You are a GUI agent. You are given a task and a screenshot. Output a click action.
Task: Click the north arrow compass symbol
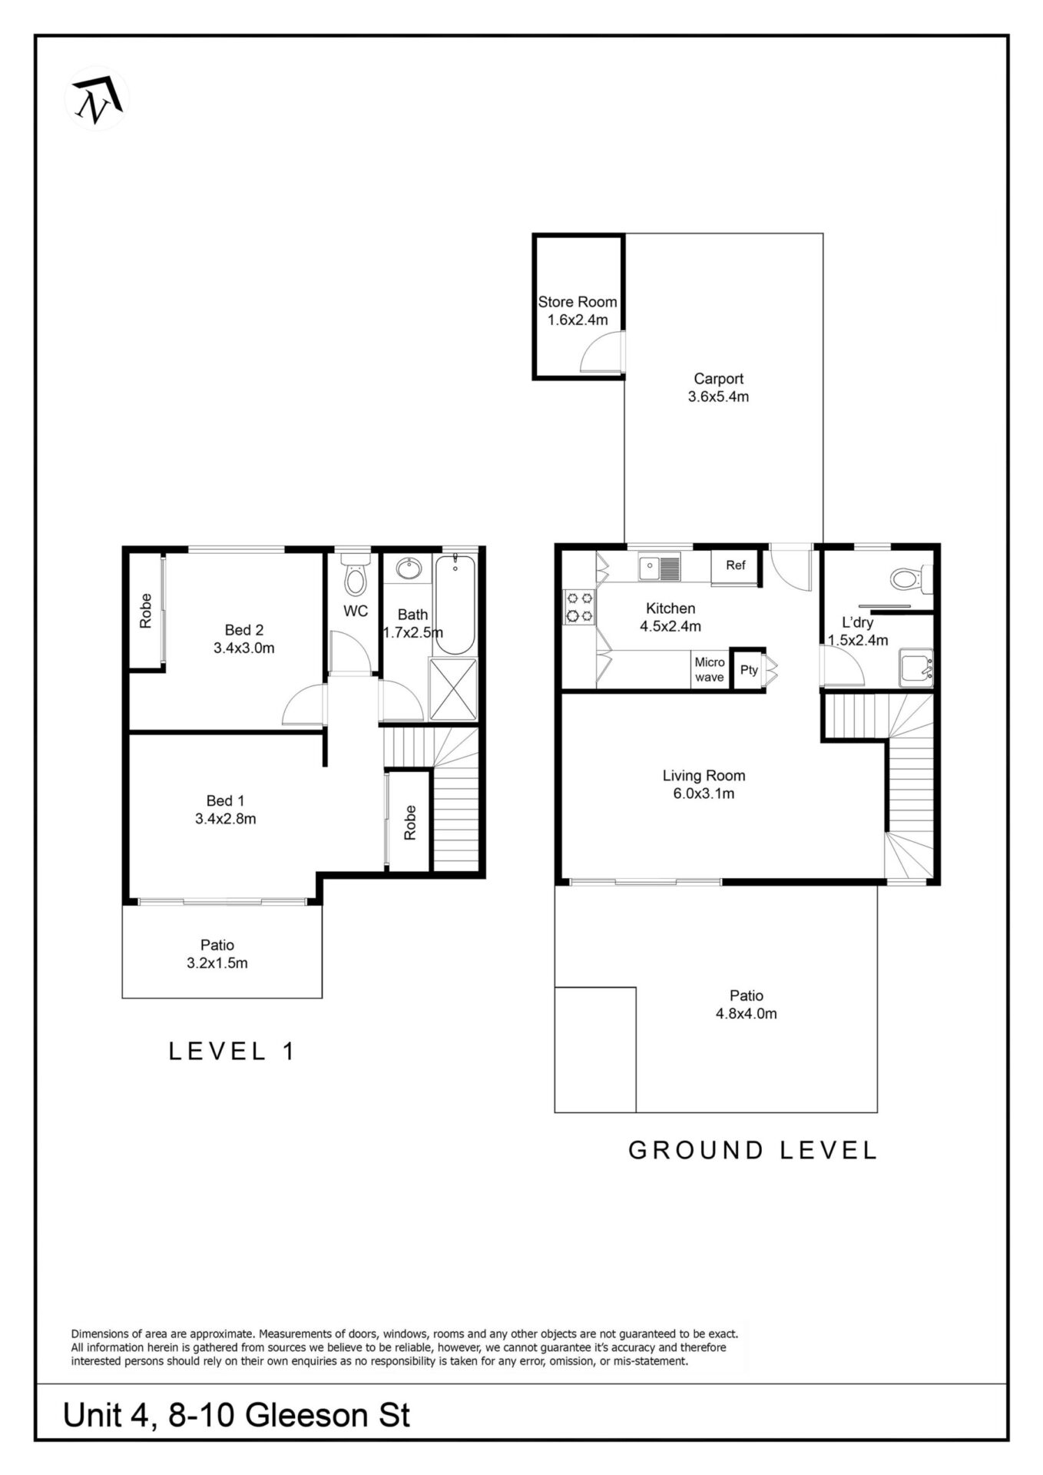97,98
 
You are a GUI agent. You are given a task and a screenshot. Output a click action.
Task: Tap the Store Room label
578,302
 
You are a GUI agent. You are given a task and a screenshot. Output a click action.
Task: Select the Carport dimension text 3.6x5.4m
719,397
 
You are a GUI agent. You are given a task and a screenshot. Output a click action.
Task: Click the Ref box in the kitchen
736,566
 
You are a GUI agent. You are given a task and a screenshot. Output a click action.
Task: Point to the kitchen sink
660,568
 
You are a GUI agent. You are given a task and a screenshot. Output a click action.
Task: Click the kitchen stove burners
579,605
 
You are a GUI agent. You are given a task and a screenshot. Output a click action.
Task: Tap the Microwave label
710,669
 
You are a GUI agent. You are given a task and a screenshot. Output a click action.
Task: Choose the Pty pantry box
748,670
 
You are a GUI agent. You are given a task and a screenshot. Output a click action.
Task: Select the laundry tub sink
916,668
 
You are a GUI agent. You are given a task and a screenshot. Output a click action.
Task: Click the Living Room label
704,776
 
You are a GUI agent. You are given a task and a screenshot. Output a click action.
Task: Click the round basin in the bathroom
409,569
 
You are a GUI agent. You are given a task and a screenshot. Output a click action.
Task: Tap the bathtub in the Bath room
455,604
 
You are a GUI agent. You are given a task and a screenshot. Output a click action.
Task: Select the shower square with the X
453,689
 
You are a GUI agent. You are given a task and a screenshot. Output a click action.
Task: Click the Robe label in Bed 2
146,611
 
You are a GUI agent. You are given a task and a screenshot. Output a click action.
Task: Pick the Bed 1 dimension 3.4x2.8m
226,819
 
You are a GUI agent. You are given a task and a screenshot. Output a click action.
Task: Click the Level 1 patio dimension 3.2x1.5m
217,963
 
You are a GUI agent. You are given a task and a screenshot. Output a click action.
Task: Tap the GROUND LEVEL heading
753,1150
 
